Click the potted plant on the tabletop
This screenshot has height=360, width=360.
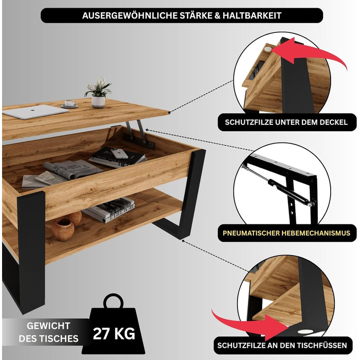[x=98, y=93]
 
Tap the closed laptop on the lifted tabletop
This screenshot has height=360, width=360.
[x=35, y=112]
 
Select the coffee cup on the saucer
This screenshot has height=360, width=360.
[x=70, y=103]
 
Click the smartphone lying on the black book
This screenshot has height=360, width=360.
[x=119, y=153]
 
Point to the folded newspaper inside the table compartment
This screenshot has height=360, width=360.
[x=73, y=169]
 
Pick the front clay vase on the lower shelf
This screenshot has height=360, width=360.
[x=63, y=229]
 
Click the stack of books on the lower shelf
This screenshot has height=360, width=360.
[x=109, y=210]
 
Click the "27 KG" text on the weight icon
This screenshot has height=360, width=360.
[x=114, y=333]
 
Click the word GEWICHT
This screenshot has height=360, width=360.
[x=48, y=326]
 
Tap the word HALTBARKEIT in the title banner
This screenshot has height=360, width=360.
[x=252, y=15]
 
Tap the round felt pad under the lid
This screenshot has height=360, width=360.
[x=268, y=49]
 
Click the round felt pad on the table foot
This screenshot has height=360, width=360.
[x=303, y=331]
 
